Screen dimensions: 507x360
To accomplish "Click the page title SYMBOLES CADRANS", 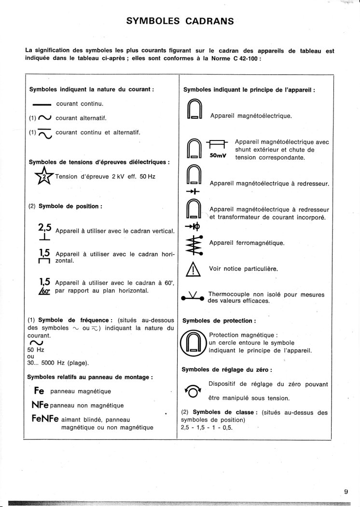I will point(180,21).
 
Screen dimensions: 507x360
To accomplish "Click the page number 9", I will point(346,492).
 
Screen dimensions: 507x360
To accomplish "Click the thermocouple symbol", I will point(194,295).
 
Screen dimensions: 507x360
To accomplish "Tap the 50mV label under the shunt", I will point(218,156).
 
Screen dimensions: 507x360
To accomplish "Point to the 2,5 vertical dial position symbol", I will point(45,230).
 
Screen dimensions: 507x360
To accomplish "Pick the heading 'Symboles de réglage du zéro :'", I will point(226,370).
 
